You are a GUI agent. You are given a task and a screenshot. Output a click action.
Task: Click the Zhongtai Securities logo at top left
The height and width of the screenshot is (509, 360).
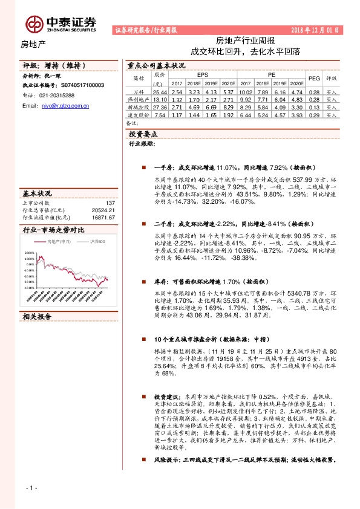pyautogui.click(x=61, y=22)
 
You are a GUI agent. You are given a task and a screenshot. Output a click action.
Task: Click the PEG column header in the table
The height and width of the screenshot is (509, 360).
pyautogui.click(x=314, y=79)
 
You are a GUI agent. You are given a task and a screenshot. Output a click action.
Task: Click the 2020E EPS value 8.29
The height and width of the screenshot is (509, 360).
pyautogui.click(x=227, y=106)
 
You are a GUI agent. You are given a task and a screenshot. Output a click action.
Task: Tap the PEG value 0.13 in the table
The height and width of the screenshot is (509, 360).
pyautogui.click(x=314, y=106)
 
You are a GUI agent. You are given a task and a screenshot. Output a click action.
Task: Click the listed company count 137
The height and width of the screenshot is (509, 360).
pyautogui.click(x=110, y=203)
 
